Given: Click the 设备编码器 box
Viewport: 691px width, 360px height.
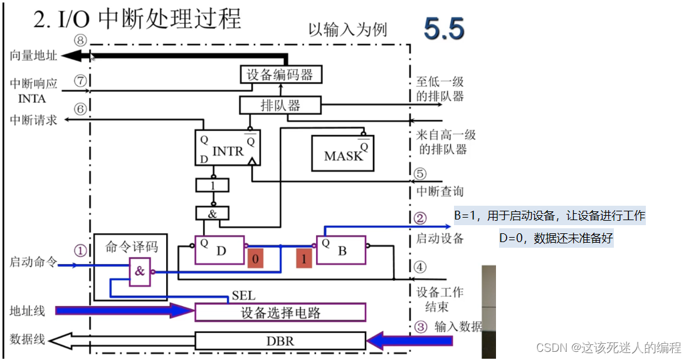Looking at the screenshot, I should [x=280, y=75].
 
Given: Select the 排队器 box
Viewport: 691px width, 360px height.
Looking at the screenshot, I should [x=280, y=105].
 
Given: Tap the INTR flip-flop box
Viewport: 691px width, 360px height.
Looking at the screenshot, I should [x=228, y=149].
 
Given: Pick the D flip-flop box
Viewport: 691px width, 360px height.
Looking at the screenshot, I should [x=219, y=251].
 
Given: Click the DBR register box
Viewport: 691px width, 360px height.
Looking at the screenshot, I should [x=280, y=341].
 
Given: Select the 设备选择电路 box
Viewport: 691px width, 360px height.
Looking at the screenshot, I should [x=280, y=312].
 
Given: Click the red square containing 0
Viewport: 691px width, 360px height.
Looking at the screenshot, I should [x=255, y=258].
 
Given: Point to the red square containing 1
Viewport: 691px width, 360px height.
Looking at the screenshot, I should [x=304, y=258].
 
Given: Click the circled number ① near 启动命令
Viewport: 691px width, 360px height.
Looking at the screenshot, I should [x=80, y=250].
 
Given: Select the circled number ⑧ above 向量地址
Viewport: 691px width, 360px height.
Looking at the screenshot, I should [x=80, y=40].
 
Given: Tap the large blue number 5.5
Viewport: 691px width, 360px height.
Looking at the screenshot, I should [x=444, y=29].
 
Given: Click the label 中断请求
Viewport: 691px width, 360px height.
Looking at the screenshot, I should [x=33, y=120].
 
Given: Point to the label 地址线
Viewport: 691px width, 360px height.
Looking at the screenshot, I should [x=28, y=310].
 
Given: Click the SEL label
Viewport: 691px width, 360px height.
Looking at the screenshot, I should [x=243, y=295].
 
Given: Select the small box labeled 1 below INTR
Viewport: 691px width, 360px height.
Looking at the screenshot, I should [x=213, y=185].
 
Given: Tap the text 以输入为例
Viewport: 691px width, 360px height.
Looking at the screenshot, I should [x=347, y=29].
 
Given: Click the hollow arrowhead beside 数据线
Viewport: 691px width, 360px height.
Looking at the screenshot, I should [x=59, y=341].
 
